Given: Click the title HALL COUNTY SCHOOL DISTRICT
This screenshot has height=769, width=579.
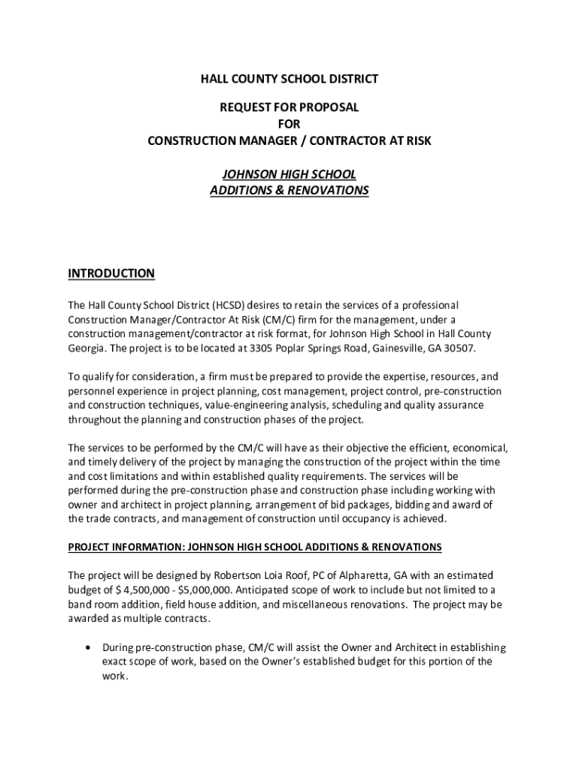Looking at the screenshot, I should (289, 79).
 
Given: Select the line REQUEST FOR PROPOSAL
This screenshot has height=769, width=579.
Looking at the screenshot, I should (289, 107).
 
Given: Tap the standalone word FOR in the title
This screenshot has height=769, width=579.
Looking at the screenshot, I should (289, 124).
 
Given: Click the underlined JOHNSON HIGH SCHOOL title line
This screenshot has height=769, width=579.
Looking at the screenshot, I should (289, 174).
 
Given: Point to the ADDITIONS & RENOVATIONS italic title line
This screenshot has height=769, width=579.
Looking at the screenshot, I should (289, 191).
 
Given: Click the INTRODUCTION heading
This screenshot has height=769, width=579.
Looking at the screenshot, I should (111, 273).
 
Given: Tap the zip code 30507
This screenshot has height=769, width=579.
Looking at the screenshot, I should (458, 349).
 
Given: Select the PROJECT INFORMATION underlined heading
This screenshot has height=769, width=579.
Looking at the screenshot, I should (255, 546).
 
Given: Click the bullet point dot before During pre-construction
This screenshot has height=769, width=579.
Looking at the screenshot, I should (90, 647).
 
